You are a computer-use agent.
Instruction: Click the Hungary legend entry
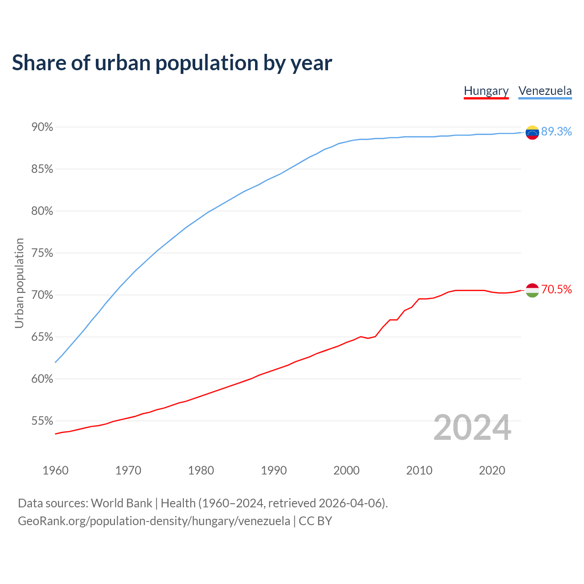(x=486, y=91)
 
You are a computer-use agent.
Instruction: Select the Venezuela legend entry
(x=545, y=91)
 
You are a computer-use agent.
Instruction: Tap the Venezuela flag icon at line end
(x=532, y=132)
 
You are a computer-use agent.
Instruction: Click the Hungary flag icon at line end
(x=532, y=290)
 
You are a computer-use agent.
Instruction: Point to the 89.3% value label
(x=556, y=131)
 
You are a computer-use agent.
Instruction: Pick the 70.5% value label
(x=556, y=289)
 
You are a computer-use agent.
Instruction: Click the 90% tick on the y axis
(x=42, y=127)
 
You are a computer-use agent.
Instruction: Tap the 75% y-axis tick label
(x=42, y=253)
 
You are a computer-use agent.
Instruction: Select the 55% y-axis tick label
(x=42, y=421)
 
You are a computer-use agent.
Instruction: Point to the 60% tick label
(x=42, y=379)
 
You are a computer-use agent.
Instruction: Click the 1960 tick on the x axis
(x=55, y=470)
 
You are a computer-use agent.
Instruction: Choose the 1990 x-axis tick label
(x=274, y=470)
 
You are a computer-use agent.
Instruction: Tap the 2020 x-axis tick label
(x=492, y=470)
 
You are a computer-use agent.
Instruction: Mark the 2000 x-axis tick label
(x=346, y=470)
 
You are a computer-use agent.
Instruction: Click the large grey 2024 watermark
(x=472, y=428)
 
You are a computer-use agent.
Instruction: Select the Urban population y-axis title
(x=19, y=283)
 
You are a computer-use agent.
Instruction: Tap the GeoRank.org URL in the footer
(x=154, y=521)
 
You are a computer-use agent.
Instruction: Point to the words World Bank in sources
(x=121, y=503)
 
